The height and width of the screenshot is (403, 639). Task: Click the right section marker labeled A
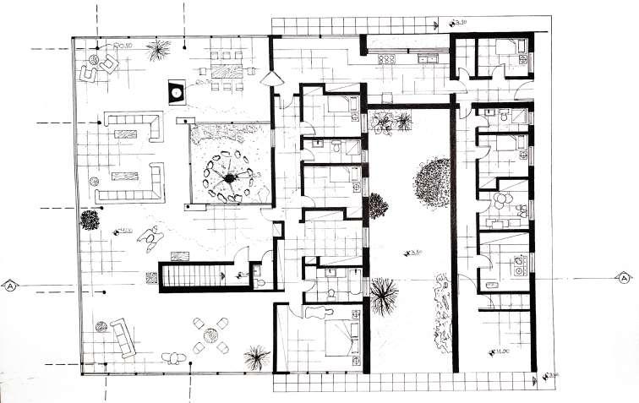pos(624,278)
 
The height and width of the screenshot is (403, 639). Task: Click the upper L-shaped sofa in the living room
pos(134,127)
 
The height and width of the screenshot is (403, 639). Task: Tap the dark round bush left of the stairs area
pos(89,221)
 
